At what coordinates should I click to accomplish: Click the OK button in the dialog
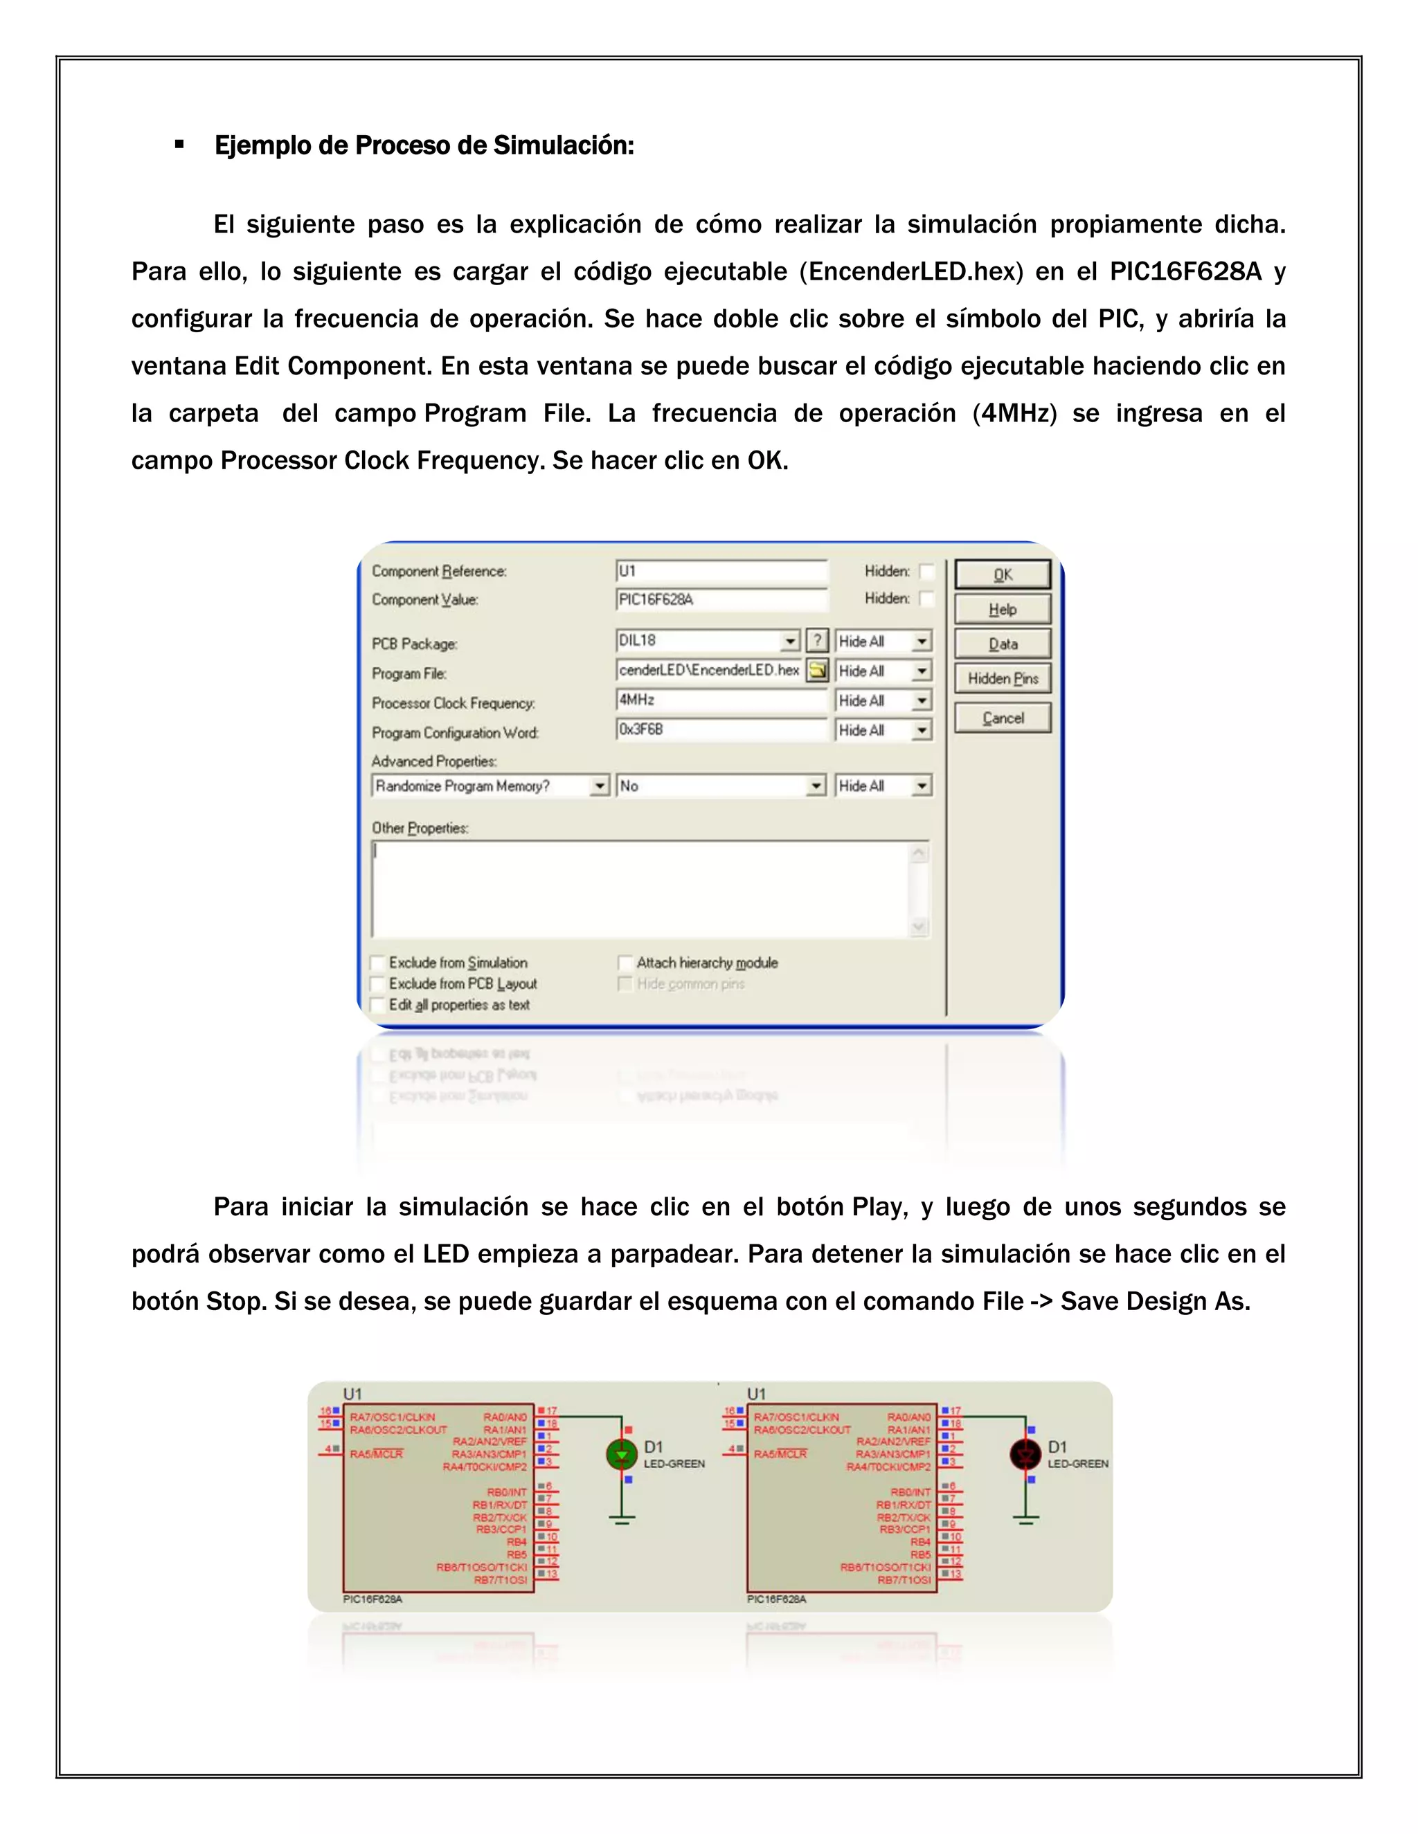(x=1002, y=574)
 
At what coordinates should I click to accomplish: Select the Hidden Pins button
(x=1002, y=678)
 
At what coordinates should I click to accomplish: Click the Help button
(x=1002, y=610)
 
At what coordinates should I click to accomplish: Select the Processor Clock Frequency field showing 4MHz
(x=721, y=700)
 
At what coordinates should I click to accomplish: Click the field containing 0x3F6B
(x=721, y=729)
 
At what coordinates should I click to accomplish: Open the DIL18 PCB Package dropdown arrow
(x=789, y=642)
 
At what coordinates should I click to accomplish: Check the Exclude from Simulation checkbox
(x=378, y=963)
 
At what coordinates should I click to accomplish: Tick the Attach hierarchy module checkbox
(x=625, y=963)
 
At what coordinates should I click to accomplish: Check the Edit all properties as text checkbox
(x=378, y=1005)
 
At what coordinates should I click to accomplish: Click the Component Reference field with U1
(x=721, y=572)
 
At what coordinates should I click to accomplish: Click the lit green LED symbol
(x=622, y=1455)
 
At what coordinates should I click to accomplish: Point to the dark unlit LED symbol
(x=1025, y=1455)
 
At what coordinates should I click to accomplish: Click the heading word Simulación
(x=563, y=145)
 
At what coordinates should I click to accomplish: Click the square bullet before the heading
(x=179, y=145)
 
